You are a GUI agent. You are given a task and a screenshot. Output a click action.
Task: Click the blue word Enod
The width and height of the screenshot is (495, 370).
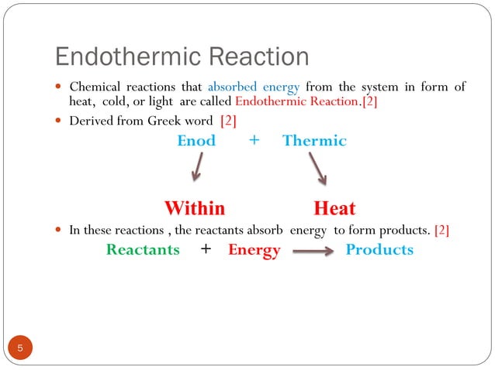pyautogui.click(x=196, y=141)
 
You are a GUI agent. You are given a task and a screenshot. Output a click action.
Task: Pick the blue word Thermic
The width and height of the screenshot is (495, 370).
pyautogui.click(x=314, y=141)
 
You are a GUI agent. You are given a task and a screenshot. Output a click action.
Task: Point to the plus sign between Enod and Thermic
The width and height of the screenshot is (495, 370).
pyautogui.click(x=254, y=141)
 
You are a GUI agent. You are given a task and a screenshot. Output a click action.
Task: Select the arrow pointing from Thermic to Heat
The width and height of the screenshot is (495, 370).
pyautogui.click(x=317, y=168)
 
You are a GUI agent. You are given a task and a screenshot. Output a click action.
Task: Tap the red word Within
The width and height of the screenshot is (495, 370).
pyautogui.click(x=194, y=208)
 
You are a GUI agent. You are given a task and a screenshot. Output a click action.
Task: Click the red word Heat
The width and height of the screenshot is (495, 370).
pyautogui.click(x=334, y=208)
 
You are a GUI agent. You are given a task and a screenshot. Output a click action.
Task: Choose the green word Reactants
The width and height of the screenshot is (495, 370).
pyautogui.click(x=143, y=250)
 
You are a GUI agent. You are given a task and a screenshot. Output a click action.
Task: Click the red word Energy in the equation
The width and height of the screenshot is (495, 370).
pyautogui.click(x=254, y=251)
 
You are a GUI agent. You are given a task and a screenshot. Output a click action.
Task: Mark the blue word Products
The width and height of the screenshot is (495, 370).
pyautogui.click(x=379, y=250)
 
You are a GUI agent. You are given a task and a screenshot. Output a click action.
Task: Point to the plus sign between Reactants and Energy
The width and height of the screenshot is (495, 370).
pyautogui.click(x=205, y=250)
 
